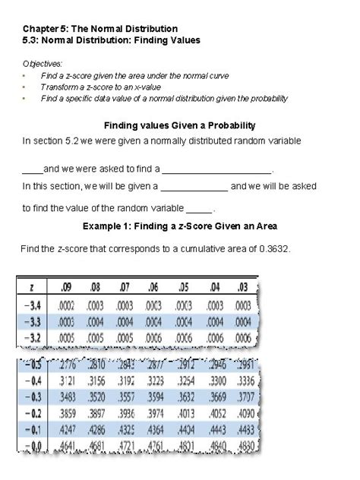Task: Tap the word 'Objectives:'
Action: click(43, 64)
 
